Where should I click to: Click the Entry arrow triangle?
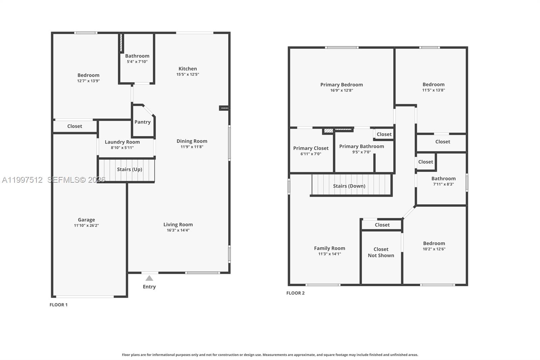pyautogui.click(x=149, y=278)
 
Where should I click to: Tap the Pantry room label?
pyautogui.click(x=142, y=122)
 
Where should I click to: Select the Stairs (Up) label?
pyautogui.click(x=130, y=169)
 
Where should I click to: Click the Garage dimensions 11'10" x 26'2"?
pyautogui.click(x=86, y=226)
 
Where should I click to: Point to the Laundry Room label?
pyautogui.click(x=122, y=142)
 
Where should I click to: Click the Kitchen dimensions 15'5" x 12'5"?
pyautogui.click(x=188, y=74)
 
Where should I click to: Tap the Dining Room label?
pyautogui.click(x=192, y=141)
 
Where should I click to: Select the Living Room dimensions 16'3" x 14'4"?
pyautogui.click(x=178, y=230)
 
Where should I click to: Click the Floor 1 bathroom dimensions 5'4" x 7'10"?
pyautogui.click(x=137, y=62)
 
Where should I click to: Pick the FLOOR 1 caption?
pyautogui.click(x=58, y=305)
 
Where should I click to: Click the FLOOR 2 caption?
pyautogui.click(x=295, y=293)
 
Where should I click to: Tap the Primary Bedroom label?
pyautogui.click(x=342, y=84)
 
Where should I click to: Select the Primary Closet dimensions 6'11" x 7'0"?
pyautogui.click(x=310, y=154)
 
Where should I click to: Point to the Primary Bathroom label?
pyautogui.click(x=361, y=146)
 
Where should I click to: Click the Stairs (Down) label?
pyautogui.click(x=349, y=186)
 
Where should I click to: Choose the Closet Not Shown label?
pyautogui.click(x=381, y=252)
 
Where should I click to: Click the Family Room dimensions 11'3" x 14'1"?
pyautogui.click(x=329, y=254)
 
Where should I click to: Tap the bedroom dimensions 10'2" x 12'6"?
pyautogui.click(x=434, y=249)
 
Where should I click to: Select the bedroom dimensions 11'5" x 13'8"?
pyautogui.click(x=433, y=90)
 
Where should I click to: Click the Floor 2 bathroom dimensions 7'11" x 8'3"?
pyautogui.click(x=443, y=184)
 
